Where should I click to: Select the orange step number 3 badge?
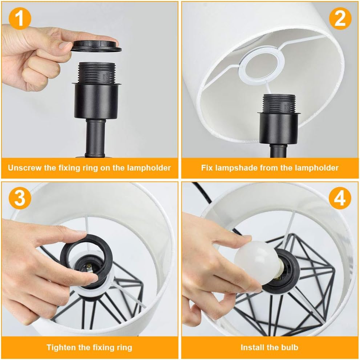coord(20,198)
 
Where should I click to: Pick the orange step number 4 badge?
coord(340,198)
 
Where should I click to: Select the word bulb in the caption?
coord(290,347)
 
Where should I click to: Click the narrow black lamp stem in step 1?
coord(95,138)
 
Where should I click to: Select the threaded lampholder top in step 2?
coord(279,103)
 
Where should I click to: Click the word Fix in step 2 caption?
coord(206,168)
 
